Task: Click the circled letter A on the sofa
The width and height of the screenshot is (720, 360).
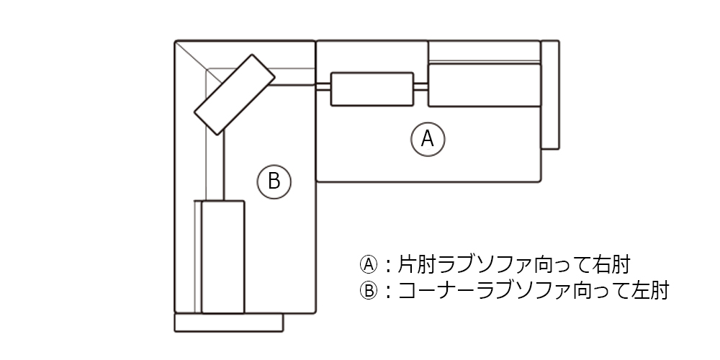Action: (x=428, y=138)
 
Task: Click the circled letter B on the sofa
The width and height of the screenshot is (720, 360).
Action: (x=274, y=180)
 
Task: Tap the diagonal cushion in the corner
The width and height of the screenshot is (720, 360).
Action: (x=235, y=94)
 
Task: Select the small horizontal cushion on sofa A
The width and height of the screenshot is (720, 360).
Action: (x=372, y=88)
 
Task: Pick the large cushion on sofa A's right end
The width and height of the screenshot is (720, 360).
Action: (x=484, y=85)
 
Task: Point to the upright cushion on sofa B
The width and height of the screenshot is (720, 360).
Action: (x=223, y=256)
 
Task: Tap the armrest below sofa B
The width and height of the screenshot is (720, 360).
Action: (x=229, y=323)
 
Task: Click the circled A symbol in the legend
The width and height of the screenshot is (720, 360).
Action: (x=368, y=264)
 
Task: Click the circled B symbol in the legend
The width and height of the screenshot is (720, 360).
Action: (x=368, y=291)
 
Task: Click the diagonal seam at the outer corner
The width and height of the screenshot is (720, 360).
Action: (x=191, y=56)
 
